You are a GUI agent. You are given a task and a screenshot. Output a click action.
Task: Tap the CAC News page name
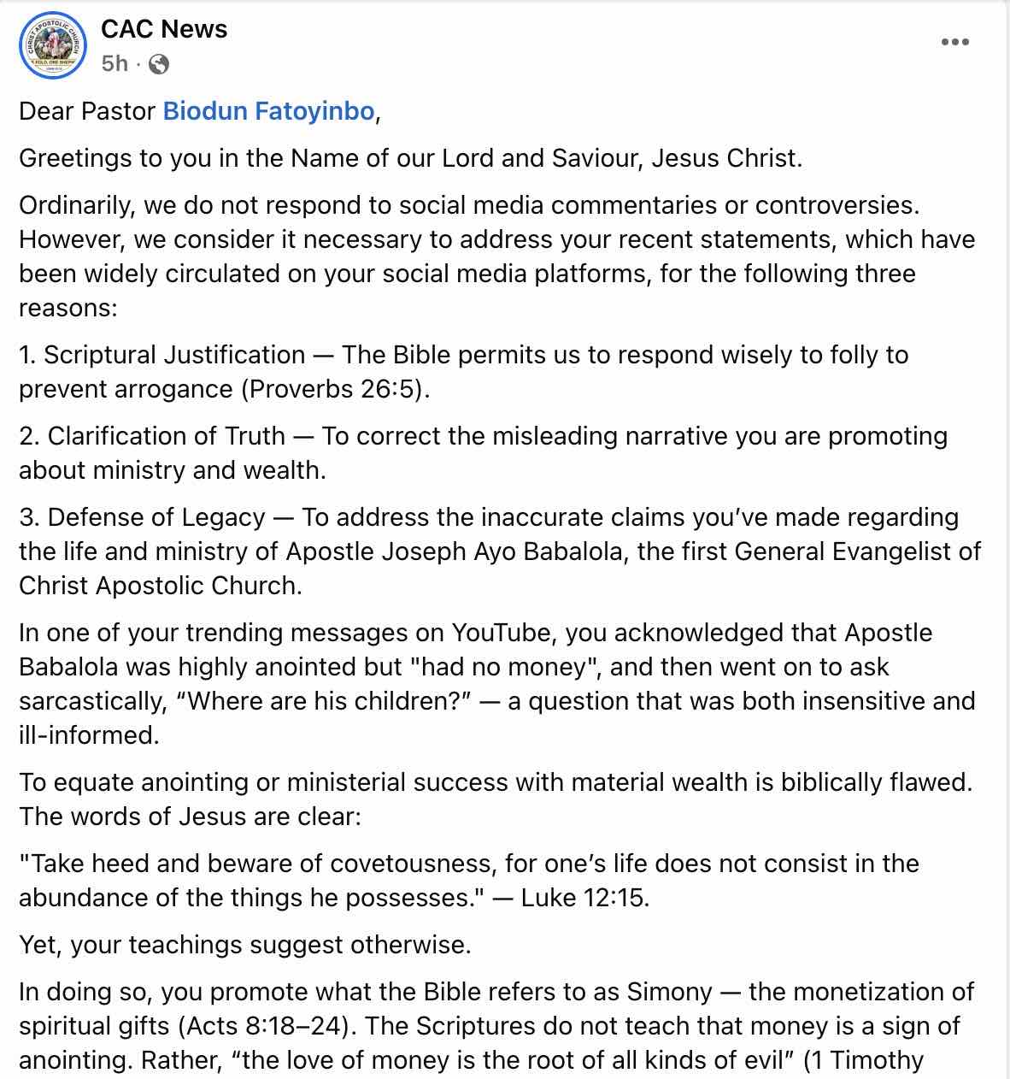tap(164, 29)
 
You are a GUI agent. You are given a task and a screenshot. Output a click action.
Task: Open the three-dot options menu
tap(954, 42)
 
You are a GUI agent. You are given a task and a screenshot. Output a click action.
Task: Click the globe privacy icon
tap(159, 64)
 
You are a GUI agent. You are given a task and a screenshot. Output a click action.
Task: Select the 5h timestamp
tap(115, 64)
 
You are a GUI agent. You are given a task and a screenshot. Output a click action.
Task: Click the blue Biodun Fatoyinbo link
tap(268, 111)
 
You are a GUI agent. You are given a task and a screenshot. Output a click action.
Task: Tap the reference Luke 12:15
tap(584, 898)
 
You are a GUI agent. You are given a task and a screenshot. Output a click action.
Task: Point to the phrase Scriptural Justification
tap(174, 355)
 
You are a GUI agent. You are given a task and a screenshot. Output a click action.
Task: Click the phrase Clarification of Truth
tap(167, 436)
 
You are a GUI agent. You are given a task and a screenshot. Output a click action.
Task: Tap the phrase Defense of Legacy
tap(156, 517)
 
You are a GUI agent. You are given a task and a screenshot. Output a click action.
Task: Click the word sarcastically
tap(91, 701)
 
